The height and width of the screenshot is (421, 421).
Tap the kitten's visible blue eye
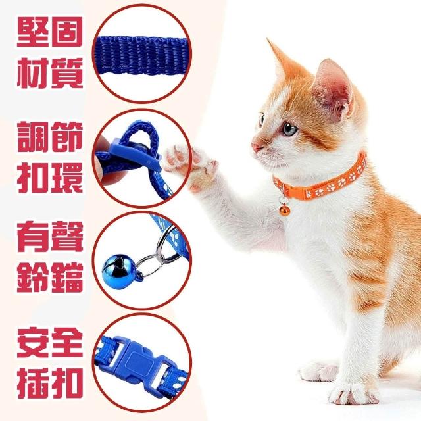(290, 129)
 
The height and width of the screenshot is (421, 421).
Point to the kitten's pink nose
(255, 146)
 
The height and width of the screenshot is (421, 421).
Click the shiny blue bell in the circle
(116, 269)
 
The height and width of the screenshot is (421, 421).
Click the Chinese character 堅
(32, 33)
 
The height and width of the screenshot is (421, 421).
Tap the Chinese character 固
(66, 33)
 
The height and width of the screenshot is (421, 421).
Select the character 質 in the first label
(67, 73)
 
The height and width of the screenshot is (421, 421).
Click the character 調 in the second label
(32, 137)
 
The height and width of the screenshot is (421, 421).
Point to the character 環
(67, 178)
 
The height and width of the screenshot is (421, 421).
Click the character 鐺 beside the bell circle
(67, 278)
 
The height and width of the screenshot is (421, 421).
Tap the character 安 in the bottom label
(32, 342)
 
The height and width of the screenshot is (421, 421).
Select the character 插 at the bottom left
(32, 384)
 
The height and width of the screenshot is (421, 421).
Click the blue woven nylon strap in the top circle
(141, 56)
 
